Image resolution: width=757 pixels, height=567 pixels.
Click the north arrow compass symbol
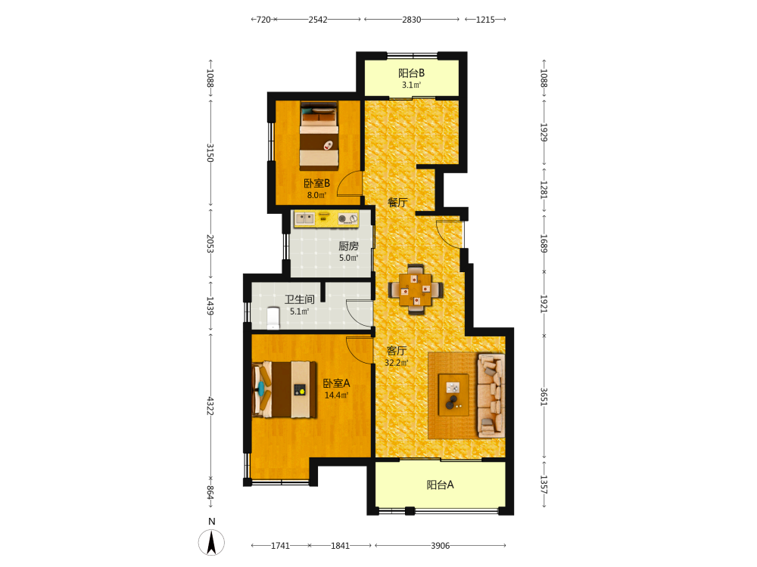coord(211,542)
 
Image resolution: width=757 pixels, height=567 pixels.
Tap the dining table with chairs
coord(416,290)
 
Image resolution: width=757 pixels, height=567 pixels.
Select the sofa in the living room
coord(491,396)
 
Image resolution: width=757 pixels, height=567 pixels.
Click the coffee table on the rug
coord(453,395)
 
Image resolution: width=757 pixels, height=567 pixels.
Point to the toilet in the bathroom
coord(273,318)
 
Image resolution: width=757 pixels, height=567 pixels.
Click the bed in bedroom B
coord(319,135)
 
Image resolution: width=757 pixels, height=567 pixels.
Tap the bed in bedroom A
coord(285,389)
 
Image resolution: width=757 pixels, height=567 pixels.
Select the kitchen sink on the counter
coord(304,219)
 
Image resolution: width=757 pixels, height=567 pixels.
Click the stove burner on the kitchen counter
coord(347,219)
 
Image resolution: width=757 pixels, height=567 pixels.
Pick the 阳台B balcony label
coord(411,73)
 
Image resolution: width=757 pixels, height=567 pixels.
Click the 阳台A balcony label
coord(440,485)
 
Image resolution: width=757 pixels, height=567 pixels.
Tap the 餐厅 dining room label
coord(397,203)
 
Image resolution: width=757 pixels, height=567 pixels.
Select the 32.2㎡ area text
coord(396,363)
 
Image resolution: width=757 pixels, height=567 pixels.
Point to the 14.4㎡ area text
coord(336,395)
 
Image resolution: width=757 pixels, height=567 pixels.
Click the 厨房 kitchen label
coord(348,246)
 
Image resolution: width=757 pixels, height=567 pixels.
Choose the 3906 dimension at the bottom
coord(441,546)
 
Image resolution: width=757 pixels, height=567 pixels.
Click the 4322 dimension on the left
coord(210,406)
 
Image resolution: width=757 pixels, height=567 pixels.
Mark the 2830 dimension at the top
coord(411,20)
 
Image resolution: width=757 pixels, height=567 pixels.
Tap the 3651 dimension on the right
coord(544,397)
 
